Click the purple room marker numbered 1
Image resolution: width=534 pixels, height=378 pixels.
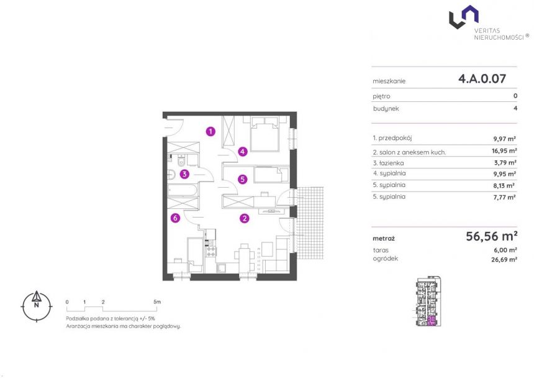pos(210,131)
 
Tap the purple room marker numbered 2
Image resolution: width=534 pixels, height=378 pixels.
pos(245,218)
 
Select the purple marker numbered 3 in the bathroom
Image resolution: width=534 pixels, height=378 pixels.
pos(184,174)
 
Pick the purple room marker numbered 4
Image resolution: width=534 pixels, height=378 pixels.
pos(243,151)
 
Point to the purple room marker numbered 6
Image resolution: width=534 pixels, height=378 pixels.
pos(175,218)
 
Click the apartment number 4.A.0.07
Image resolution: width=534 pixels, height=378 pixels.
pos(482,79)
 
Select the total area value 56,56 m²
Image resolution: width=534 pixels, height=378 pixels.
pos(491,236)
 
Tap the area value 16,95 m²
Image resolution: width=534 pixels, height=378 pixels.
pos(504,150)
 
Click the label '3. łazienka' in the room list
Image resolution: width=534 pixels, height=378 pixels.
pos(388,163)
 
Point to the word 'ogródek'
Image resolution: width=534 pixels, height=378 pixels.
pos(385,259)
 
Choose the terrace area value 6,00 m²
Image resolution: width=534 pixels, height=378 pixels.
pos(505,250)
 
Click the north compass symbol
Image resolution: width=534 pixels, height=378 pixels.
pos(37,306)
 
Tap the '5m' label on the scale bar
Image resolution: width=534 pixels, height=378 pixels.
pos(157,302)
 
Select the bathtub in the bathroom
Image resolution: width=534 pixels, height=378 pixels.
pos(182,190)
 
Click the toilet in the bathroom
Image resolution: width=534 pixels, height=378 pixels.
pos(181,160)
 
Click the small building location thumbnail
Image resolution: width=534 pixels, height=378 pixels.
pos(428,302)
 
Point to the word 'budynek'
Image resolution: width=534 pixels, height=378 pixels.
pos(386,109)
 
